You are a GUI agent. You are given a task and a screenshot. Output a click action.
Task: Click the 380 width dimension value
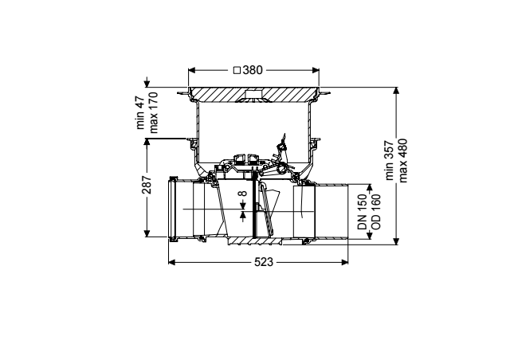252,70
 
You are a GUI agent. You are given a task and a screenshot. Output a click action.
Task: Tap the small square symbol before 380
237,70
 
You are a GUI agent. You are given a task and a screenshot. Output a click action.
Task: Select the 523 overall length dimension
264,262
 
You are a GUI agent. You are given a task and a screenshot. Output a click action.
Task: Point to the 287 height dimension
147,185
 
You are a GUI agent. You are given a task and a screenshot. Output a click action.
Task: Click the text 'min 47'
140,112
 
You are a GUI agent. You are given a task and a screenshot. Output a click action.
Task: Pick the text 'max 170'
153,112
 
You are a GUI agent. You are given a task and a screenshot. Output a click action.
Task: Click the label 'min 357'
390,160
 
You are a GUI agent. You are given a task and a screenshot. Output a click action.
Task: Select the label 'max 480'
402,160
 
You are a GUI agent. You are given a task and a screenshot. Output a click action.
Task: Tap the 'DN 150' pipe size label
363,212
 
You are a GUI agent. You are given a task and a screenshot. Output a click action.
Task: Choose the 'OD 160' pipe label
375,212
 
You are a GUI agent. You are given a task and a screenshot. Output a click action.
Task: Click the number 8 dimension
242,194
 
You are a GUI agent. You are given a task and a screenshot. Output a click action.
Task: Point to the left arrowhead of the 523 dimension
172,262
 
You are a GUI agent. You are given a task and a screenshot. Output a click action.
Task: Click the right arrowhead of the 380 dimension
316,70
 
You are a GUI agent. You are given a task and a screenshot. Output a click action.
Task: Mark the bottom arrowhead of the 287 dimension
147,233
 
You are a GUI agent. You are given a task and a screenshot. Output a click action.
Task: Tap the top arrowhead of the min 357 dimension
396,91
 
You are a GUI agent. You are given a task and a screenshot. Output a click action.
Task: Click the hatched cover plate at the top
253,94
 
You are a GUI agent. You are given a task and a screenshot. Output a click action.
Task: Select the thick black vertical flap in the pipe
253,204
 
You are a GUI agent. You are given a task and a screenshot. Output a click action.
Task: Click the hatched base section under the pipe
255,241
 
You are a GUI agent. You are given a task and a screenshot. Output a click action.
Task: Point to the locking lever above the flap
281,153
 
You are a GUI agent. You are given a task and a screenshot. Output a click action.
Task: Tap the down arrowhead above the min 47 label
147,84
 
